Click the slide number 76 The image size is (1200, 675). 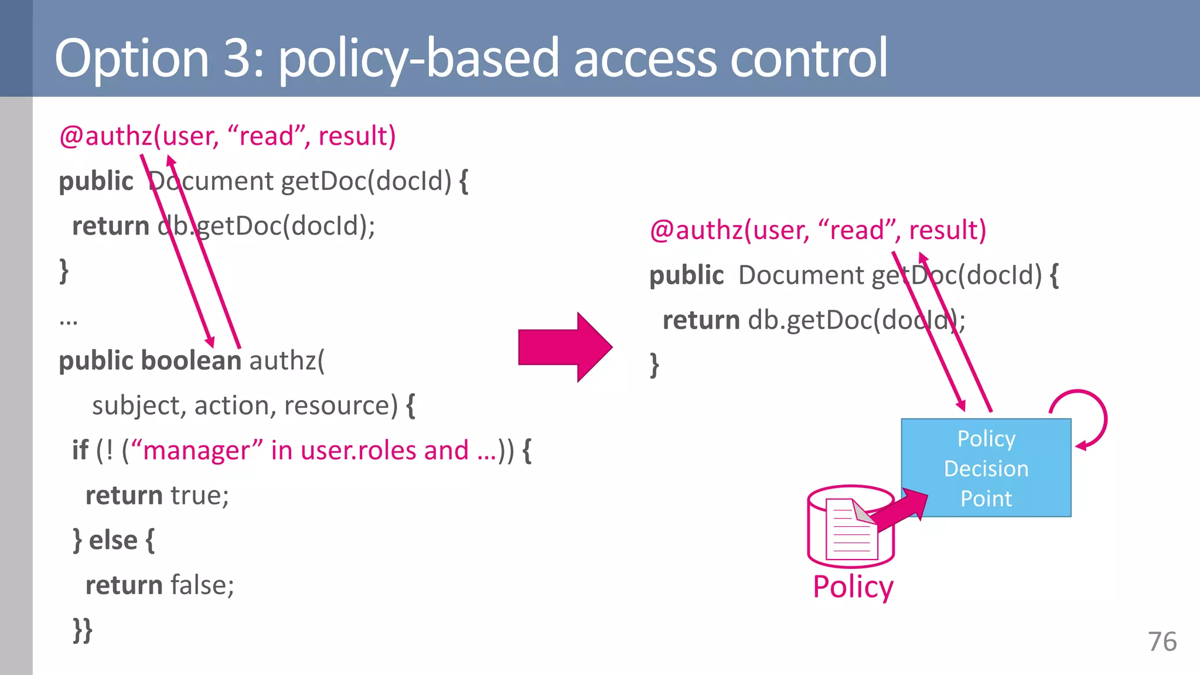tap(1162, 642)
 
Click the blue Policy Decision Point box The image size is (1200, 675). tap(986, 468)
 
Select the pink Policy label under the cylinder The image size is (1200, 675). tap(853, 587)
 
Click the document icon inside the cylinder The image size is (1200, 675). tap(851, 529)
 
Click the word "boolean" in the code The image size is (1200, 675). tap(191, 360)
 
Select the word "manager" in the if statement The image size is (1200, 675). tap(197, 451)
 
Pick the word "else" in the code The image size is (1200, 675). tap(113, 540)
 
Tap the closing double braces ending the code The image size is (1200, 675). tap(83, 630)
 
